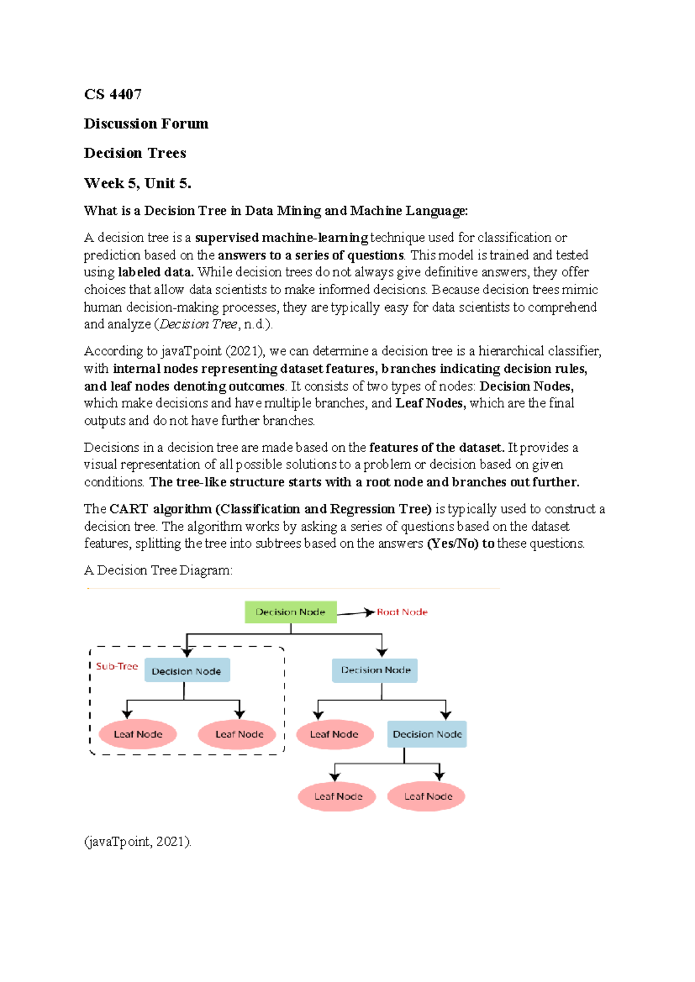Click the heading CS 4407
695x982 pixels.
click(113, 94)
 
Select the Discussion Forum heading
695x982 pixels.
click(146, 124)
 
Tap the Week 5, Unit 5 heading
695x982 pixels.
click(137, 184)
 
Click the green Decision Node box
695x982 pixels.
click(290, 612)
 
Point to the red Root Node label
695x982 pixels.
click(402, 612)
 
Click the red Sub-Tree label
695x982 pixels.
click(117, 666)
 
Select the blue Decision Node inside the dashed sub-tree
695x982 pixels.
click(186, 671)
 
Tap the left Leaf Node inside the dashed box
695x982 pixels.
click(138, 734)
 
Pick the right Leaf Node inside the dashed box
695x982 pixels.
click(239, 734)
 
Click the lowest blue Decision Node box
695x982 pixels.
click(427, 734)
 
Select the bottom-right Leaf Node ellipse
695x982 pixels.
click(427, 796)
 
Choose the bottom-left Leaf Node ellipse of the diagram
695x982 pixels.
click(338, 796)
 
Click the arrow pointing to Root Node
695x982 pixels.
click(356, 613)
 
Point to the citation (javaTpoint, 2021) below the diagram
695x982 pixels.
click(137, 841)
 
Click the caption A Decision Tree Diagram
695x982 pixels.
click(158, 570)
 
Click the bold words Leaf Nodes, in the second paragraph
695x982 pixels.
click(430, 403)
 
